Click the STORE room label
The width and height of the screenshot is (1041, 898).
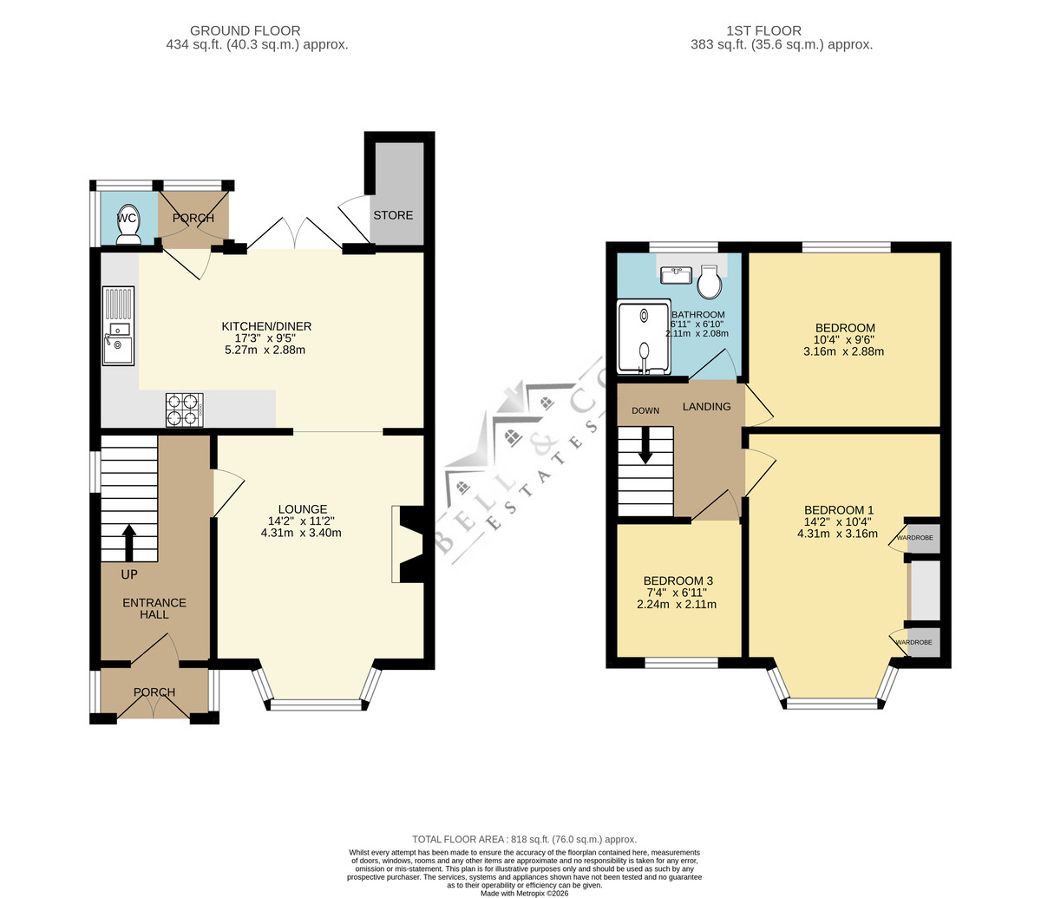click(393, 215)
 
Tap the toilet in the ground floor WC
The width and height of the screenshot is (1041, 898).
click(128, 225)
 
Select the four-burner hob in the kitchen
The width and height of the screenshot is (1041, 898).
click(184, 410)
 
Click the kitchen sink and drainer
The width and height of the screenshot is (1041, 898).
click(118, 326)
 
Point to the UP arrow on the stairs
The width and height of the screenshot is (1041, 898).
click(129, 543)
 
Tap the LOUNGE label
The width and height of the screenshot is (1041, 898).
click(303, 509)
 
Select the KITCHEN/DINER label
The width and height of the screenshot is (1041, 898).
click(266, 326)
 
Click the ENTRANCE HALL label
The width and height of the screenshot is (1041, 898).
click(154, 608)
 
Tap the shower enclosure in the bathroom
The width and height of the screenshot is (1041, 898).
click(645, 337)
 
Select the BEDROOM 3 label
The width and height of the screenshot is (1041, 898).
click(678, 580)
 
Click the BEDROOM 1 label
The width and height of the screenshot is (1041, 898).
click(839, 510)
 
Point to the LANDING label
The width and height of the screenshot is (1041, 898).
click(707, 406)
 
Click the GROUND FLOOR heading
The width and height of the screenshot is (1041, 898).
click(245, 30)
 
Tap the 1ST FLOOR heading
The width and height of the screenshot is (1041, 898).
click(763, 30)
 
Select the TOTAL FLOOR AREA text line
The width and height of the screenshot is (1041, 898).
click(524, 840)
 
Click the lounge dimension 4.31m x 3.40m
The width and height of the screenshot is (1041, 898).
click(301, 533)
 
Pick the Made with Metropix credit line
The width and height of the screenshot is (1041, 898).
click(524, 894)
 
